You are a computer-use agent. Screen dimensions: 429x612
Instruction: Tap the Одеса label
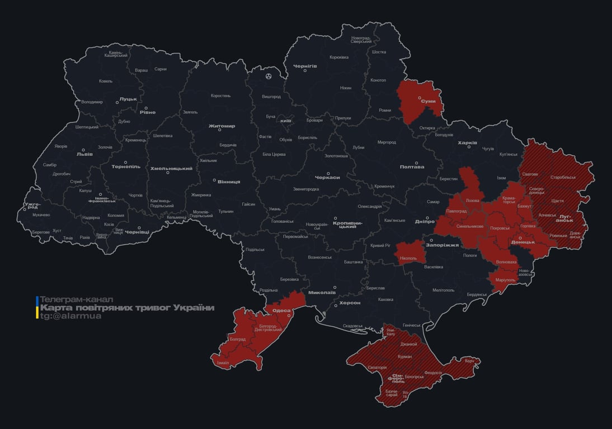(x=281, y=311)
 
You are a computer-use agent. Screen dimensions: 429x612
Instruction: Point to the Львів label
(x=84, y=154)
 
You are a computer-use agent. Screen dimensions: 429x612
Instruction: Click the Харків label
(x=467, y=143)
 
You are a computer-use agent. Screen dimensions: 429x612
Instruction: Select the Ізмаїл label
(x=220, y=363)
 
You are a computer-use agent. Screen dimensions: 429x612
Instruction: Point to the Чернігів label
(x=305, y=66)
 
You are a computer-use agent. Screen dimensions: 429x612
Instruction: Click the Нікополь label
(x=408, y=259)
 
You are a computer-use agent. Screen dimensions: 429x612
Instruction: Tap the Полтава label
(x=412, y=166)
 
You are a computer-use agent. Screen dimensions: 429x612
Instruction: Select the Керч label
(x=469, y=361)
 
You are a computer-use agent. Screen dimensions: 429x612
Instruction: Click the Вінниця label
(x=229, y=182)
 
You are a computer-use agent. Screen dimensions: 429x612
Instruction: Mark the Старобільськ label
(x=563, y=177)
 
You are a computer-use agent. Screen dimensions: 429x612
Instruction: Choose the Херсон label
(x=350, y=303)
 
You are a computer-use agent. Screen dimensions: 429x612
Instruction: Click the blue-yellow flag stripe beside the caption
(x=37, y=308)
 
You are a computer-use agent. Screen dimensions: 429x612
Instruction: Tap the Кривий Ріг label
(x=381, y=246)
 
